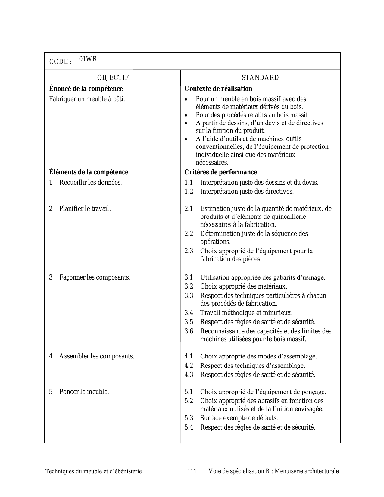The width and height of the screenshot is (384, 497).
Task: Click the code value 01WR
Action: [x=88, y=59]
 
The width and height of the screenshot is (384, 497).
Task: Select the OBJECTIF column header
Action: [x=113, y=78]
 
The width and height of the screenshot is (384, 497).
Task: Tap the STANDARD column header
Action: [x=260, y=78]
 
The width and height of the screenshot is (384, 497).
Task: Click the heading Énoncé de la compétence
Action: [x=86, y=89]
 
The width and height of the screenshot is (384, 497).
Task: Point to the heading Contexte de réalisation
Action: [x=218, y=89]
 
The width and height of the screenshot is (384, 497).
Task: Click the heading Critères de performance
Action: [x=220, y=172]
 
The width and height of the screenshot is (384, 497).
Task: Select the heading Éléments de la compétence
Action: [x=89, y=172]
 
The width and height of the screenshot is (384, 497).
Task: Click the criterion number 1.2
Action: [x=189, y=192]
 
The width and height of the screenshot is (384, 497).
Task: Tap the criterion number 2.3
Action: [x=189, y=251]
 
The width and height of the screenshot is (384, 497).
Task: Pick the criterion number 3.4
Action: [x=189, y=313]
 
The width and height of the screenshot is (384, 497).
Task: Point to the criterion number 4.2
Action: [x=189, y=366]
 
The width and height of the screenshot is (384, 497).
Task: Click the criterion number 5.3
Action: [x=189, y=418]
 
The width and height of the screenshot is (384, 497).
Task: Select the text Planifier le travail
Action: [x=85, y=209]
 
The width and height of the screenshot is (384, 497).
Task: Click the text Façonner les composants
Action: [x=95, y=277]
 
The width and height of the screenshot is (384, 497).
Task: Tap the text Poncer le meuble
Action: [x=84, y=392]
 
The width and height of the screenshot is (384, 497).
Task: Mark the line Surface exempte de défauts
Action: [x=239, y=418]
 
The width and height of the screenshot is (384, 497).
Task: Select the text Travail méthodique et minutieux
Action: [x=246, y=313]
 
